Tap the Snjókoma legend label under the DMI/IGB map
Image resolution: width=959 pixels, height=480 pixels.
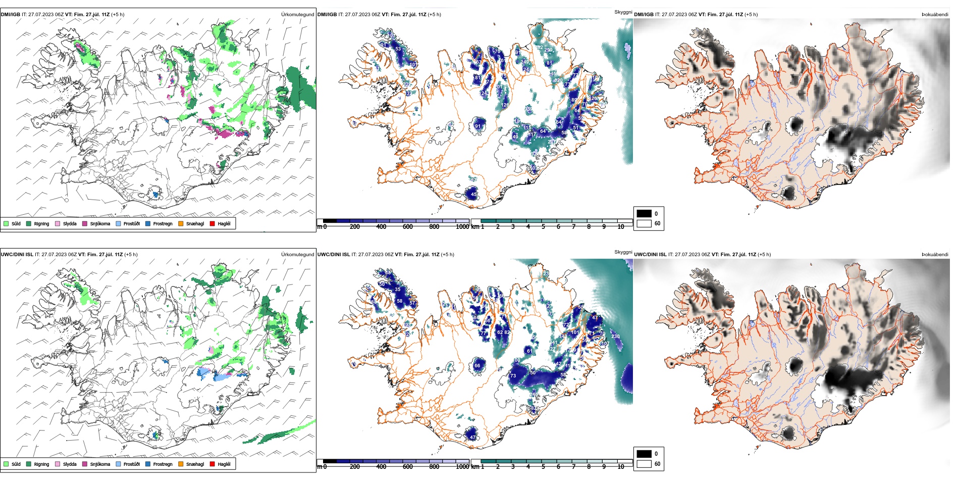pyautogui.click(x=100, y=224)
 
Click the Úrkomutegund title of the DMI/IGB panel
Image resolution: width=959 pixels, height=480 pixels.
pyautogui.click(x=297, y=15)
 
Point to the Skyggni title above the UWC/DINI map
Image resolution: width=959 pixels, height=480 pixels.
pyautogui.click(x=623, y=252)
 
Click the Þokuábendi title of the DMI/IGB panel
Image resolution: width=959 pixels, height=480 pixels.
pyautogui.click(x=935, y=15)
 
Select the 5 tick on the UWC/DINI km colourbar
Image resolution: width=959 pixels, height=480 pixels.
pyautogui.click(x=543, y=467)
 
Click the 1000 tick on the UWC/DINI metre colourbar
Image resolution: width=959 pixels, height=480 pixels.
pyautogui.click(x=462, y=467)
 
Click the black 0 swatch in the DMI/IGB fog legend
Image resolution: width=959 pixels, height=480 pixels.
pyautogui.click(x=644, y=214)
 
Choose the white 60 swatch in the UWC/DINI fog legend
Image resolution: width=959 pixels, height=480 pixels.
pyautogui.click(x=644, y=464)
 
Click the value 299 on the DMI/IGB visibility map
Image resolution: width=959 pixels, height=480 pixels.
pyautogui.click(x=549, y=50)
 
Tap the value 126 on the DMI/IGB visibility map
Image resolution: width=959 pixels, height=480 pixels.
pyautogui.click(x=505, y=105)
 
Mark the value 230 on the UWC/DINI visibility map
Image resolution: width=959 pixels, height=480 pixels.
pyautogui.click(x=615, y=337)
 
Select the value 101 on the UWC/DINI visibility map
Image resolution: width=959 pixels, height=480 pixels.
pyautogui.click(x=575, y=332)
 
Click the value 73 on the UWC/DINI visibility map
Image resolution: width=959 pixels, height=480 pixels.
pyautogui.click(x=513, y=376)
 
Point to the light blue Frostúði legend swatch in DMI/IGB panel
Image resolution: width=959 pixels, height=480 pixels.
pyautogui.click(x=118, y=224)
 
